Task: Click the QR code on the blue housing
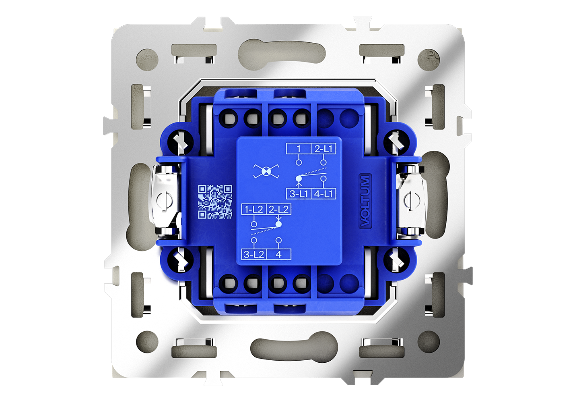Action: tap(215, 202)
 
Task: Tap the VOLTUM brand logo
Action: tap(365, 201)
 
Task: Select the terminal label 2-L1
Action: tap(323, 149)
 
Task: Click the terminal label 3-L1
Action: tap(299, 194)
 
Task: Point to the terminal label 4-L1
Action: tap(324, 194)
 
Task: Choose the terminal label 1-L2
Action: tap(254, 210)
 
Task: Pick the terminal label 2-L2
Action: tap(278, 210)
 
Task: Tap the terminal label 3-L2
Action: tap(254, 254)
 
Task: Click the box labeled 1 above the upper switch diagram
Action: tap(299, 149)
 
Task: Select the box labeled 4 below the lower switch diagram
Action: tap(278, 254)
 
